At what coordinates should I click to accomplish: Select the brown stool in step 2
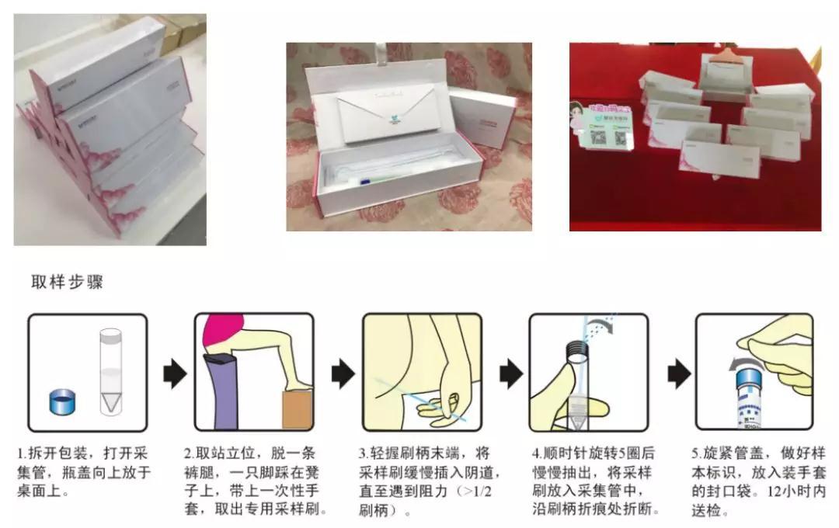click(x=297, y=410)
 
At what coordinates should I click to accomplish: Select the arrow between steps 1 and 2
click(x=175, y=374)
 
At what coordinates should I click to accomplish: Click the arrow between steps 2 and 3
click(x=343, y=374)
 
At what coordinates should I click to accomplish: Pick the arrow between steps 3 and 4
click(x=510, y=374)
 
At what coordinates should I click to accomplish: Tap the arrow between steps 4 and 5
click(x=679, y=374)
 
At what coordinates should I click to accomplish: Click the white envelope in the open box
click(x=386, y=115)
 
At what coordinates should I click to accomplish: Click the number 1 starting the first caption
click(x=21, y=453)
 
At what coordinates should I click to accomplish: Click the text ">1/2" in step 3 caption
click(x=476, y=492)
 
